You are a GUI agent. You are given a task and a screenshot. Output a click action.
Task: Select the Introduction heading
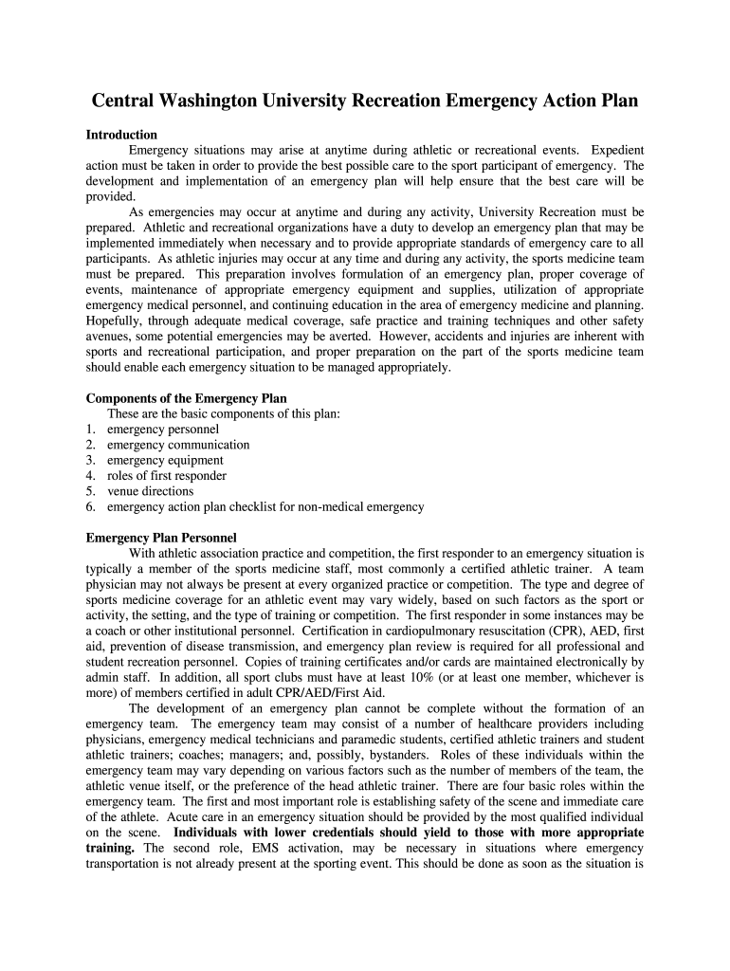(x=121, y=135)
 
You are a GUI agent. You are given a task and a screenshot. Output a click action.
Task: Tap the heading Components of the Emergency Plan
(x=187, y=398)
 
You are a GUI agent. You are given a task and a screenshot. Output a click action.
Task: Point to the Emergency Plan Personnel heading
(x=161, y=538)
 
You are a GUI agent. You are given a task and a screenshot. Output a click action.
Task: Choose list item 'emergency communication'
(x=178, y=445)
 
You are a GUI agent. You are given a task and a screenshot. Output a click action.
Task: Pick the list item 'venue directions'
(x=150, y=491)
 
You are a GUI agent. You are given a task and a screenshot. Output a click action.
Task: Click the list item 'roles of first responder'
(x=167, y=476)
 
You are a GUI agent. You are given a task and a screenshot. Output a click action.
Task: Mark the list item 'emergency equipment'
(x=165, y=460)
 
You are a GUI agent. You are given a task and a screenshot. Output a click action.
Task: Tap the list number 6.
(x=90, y=507)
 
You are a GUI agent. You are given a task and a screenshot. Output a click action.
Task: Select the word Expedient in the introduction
(x=613, y=150)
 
